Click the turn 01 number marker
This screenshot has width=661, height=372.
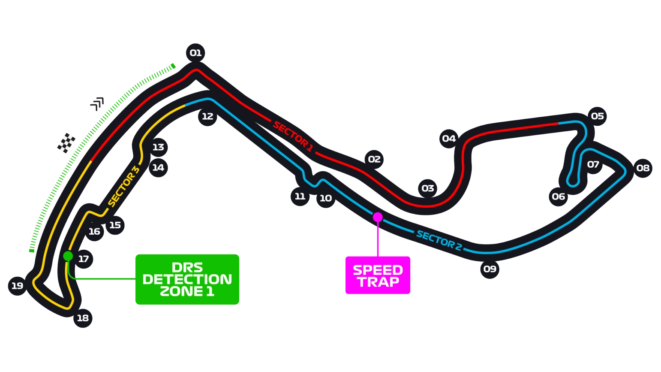point(195,53)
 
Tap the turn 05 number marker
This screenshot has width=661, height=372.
point(597,116)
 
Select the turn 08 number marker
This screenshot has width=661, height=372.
point(643,168)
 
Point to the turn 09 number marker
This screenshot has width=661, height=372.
point(490,269)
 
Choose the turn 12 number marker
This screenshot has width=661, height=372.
point(207,116)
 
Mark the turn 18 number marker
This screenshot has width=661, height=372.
point(82,318)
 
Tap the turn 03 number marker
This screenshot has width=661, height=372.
point(427,188)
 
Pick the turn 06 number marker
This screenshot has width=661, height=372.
point(559,197)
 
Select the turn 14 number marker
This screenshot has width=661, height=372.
point(158,167)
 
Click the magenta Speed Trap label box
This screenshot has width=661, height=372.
point(378,275)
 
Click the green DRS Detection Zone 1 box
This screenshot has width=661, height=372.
point(187,279)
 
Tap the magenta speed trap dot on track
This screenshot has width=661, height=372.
point(378,217)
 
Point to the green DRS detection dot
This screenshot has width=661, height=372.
point(68,256)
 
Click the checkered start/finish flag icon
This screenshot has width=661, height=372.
point(66,142)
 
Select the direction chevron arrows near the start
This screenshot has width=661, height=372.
point(98,104)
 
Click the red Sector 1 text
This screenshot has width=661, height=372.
point(293,136)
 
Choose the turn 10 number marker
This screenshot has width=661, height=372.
point(326,198)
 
